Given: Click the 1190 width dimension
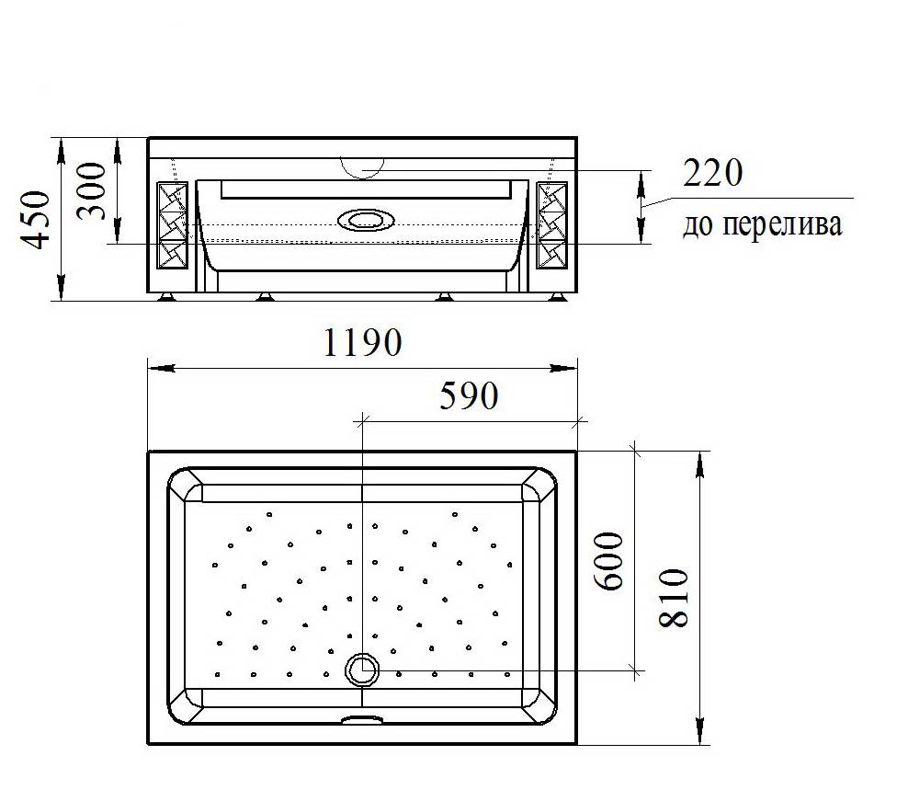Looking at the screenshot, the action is tap(362, 342).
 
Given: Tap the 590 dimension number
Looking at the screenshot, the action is tap(469, 395).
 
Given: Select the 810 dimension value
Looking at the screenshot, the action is tap(674, 598).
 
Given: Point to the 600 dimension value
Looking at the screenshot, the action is tap(608, 561).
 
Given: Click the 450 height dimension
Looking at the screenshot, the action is tap(36, 220).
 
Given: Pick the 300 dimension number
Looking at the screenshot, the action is tap(92, 191).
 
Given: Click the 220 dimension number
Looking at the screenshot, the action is tap(712, 173).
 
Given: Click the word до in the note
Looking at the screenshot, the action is tap(698, 225).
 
